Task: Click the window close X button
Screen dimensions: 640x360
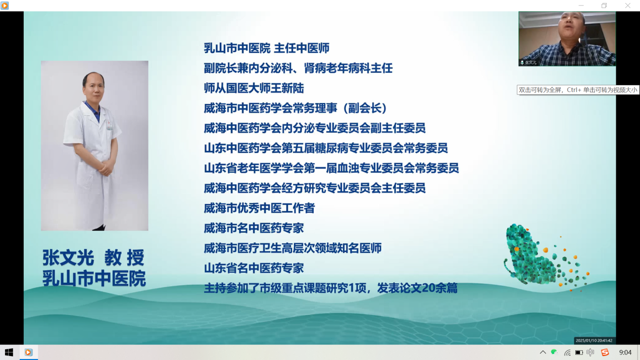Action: (627, 6)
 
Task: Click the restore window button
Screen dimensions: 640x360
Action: (604, 6)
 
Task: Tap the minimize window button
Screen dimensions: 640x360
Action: (581, 6)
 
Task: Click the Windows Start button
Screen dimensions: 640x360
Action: (9, 352)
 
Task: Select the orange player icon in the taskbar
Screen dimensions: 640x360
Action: (28, 352)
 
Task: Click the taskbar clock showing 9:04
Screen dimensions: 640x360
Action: (625, 352)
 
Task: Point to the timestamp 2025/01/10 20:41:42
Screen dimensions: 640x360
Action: (594, 340)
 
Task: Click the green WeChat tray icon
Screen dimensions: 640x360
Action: (554, 352)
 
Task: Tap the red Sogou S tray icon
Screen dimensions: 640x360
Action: (605, 352)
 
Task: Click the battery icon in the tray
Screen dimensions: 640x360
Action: (579, 352)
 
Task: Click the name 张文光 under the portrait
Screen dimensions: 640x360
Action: (68, 258)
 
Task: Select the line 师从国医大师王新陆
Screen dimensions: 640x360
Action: (254, 88)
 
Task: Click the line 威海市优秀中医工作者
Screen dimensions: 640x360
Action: (259, 208)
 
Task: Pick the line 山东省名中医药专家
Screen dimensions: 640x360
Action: (254, 268)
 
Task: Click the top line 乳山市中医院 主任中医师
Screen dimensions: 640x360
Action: (267, 48)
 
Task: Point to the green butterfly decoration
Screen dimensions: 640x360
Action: (543, 257)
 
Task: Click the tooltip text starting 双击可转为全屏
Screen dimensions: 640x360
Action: (578, 90)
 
